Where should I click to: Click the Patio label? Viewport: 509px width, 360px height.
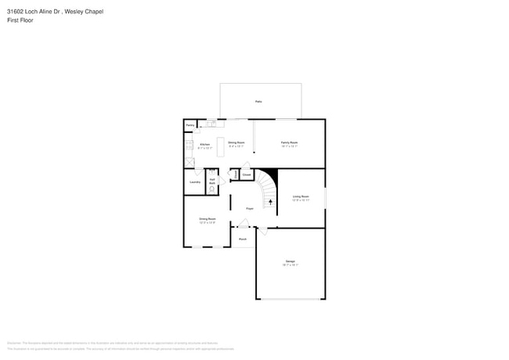click(258, 102)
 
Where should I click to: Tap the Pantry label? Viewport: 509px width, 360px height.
click(190, 125)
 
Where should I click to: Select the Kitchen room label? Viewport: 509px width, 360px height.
click(204, 144)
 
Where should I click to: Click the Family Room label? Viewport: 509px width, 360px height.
click(290, 142)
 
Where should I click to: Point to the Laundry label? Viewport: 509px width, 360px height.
click(194, 182)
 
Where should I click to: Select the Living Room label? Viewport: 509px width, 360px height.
click(301, 196)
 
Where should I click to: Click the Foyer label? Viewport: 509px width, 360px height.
click(250, 208)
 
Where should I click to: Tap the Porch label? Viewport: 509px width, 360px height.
click(243, 238)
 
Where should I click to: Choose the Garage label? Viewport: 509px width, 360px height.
click(291, 261)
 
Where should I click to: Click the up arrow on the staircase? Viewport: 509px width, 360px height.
click(271, 201)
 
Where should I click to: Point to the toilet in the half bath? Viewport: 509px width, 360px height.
click(213, 189)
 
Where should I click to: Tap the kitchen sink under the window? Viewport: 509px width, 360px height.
click(211, 123)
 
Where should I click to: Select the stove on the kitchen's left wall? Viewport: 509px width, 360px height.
click(187, 144)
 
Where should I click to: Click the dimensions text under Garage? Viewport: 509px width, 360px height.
click(291, 265)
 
